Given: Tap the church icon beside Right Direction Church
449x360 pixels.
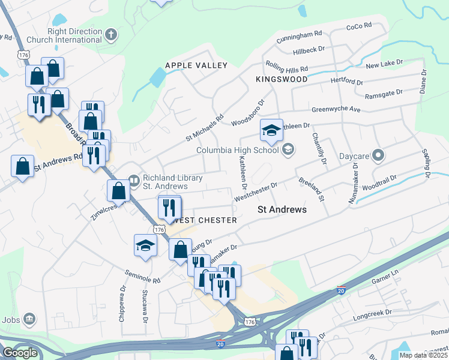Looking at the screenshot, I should [x=110, y=35].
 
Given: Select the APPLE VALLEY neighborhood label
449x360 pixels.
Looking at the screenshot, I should [x=196, y=65].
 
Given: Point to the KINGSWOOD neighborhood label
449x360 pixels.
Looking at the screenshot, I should [x=281, y=79].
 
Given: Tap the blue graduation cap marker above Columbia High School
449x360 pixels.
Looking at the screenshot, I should [x=271, y=130].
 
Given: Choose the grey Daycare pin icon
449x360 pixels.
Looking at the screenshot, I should [x=378, y=155].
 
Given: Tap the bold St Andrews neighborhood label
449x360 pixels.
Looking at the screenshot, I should [x=282, y=210].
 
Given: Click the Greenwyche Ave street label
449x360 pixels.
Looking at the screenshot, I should [x=336, y=110].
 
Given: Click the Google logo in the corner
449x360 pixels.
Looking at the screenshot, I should [x=20, y=353].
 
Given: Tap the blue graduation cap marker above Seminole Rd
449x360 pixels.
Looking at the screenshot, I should [x=145, y=245].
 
